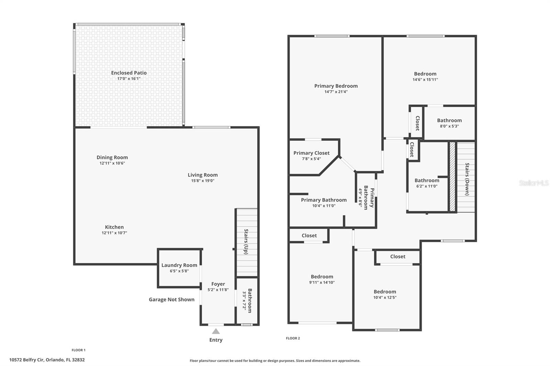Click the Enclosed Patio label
129,73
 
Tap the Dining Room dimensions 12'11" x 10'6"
112,163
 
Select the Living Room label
202,175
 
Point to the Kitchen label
114,227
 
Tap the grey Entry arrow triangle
216,331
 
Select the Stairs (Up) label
246,241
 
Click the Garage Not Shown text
172,299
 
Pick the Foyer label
218,284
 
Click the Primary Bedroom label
336,86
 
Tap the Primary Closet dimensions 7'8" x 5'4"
311,159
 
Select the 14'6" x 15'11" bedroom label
425,74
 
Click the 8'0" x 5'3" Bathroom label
449,121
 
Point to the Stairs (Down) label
467,179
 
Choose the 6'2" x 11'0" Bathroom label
427,181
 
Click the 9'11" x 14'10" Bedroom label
322,277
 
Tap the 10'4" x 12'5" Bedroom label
385,292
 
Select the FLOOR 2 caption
293,338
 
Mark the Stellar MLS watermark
533,183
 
